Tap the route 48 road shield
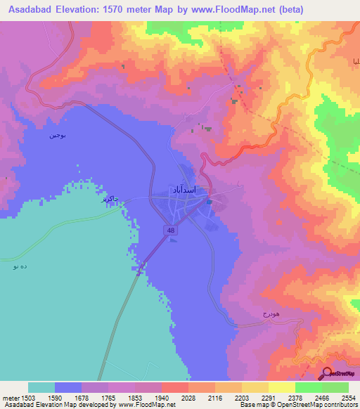click(171, 231)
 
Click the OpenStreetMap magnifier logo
click(327, 372)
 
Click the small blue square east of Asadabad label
click(210, 202)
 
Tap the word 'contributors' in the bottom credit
click(338, 405)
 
